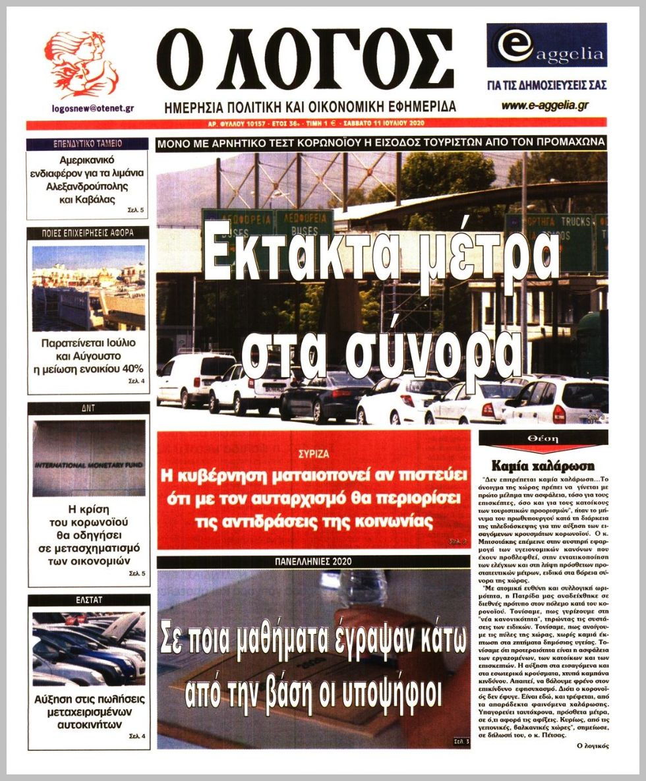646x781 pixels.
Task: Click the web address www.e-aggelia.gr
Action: [x=544, y=105]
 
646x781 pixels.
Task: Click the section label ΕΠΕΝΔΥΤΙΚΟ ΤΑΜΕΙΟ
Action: [x=87, y=143]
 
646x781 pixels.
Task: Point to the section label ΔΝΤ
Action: [x=88, y=408]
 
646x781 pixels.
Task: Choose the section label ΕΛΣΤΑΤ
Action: [x=88, y=600]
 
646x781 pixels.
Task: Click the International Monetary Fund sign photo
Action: [x=88, y=458]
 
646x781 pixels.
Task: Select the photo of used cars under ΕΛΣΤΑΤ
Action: [x=88, y=649]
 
